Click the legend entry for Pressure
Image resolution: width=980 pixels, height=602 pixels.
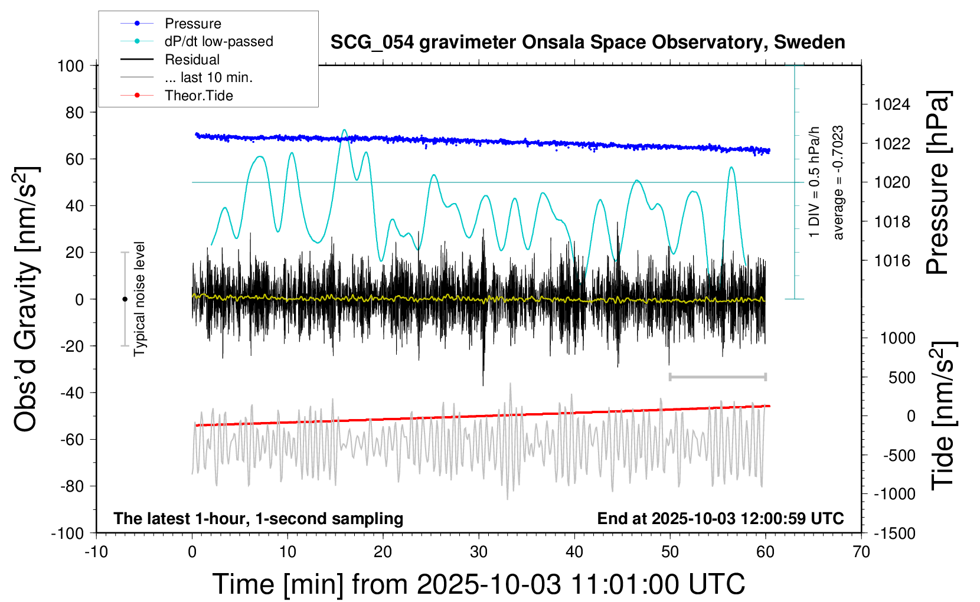click(x=192, y=24)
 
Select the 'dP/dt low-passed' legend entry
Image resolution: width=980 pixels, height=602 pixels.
click(x=218, y=41)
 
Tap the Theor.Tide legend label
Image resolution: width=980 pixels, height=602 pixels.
click(x=198, y=96)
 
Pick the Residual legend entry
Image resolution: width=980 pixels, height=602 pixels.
click(x=192, y=60)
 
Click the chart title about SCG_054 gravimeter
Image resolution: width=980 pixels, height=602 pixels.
click(x=587, y=42)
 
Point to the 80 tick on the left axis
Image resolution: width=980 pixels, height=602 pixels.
click(x=74, y=112)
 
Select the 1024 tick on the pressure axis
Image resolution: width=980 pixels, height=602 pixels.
click(x=892, y=104)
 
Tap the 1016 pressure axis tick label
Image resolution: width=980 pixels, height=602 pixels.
click(x=892, y=260)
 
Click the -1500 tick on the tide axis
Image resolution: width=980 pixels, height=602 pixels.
click(x=894, y=533)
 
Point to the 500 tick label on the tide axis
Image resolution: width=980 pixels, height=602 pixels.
click(x=901, y=377)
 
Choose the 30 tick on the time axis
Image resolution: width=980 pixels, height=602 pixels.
click(x=479, y=552)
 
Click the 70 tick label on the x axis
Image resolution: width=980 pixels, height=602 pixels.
click(x=861, y=552)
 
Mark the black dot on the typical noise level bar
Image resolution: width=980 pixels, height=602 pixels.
click(x=125, y=299)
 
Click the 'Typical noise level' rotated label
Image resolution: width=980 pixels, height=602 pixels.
click(x=139, y=299)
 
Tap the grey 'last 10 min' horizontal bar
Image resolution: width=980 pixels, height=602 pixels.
click(x=717, y=377)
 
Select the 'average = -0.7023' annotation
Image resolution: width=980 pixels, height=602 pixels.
click(x=838, y=182)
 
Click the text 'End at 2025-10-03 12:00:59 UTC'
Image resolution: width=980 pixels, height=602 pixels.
click(x=720, y=518)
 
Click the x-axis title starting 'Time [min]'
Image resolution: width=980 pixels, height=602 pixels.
click(x=479, y=584)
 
